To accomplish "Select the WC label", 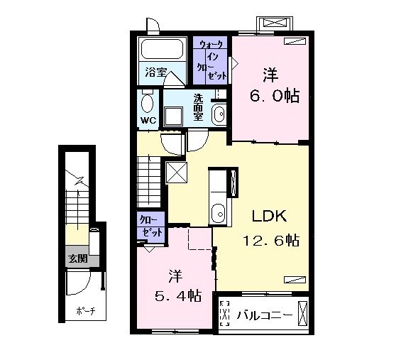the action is click(x=148, y=120).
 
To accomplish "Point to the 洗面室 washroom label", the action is click(x=198, y=107).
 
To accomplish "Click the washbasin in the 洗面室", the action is click(x=219, y=114).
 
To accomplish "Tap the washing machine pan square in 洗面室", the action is click(x=174, y=116).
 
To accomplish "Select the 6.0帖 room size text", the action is click(x=275, y=96).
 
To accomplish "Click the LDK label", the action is click(x=269, y=216).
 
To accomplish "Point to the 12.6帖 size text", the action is click(x=271, y=240).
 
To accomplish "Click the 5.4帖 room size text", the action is click(x=178, y=296).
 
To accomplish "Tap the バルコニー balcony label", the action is click(x=265, y=315).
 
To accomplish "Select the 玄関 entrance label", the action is click(x=78, y=259).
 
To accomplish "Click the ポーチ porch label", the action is click(x=86, y=311).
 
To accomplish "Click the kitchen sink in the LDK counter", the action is click(x=218, y=213).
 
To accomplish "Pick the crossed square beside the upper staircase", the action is click(x=177, y=173).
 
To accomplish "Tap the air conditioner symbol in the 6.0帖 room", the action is click(x=295, y=41).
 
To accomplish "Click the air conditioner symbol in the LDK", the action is click(x=295, y=280).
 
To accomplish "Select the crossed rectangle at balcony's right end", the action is click(x=302, y=313).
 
